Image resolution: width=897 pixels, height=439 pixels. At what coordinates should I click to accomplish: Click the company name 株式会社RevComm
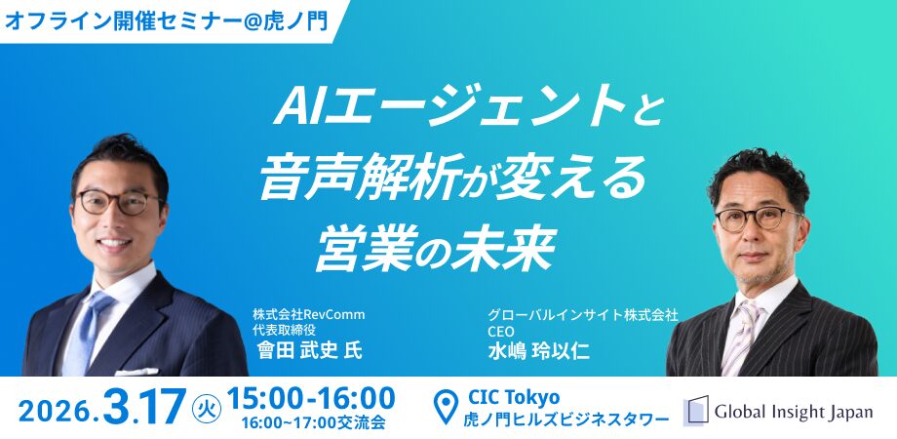[308, 314]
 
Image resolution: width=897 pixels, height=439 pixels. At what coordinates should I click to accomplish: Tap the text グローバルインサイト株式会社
[583, 314]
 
